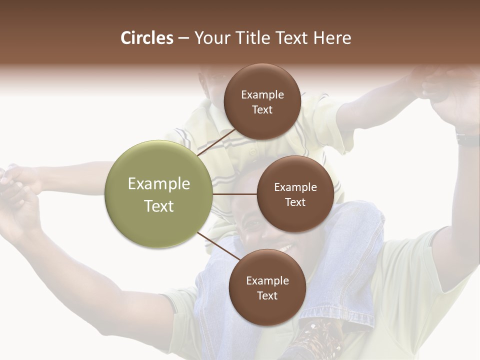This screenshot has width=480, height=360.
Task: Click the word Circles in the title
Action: click(x=146, y=38)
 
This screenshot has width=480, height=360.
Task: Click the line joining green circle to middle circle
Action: click(x=234, y=194)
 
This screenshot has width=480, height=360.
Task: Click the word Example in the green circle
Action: click(x=159, y=184)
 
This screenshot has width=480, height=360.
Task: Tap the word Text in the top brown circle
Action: click(x=262, y=110)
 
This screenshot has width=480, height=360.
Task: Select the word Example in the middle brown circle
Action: click(x=295, y=187)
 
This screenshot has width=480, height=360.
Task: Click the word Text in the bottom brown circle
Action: click(x=267, y=295)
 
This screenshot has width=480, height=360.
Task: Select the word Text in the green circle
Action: click(x=159, y=206)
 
